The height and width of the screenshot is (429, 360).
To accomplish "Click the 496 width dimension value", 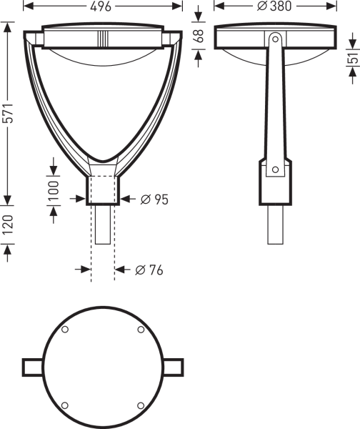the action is [x=101, y=6].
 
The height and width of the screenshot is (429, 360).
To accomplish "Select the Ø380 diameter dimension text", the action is [x=274, y=6].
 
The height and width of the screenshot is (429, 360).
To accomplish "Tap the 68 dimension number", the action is [x=199, y=36].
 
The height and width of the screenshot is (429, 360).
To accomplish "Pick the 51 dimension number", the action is [x=354, y=58].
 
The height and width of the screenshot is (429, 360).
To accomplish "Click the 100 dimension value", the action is [x=54, y=190].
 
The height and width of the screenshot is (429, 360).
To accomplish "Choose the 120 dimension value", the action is [x=8, y=225].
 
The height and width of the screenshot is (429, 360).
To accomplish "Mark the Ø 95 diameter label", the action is [x=154, y=199].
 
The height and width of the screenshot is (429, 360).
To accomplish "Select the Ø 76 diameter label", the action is [x=149, y=270].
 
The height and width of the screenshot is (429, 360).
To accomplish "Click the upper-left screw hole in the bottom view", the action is [x=65, y=330].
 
